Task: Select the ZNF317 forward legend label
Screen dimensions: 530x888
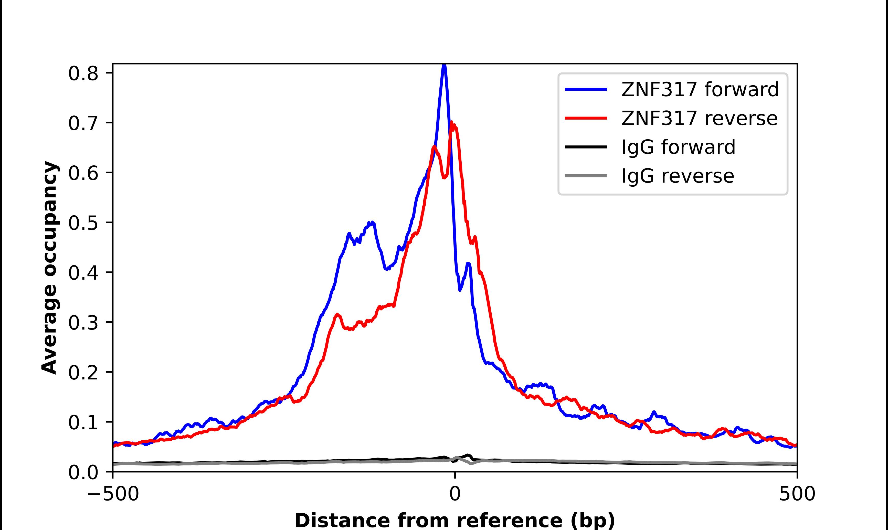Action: tap(700, 89)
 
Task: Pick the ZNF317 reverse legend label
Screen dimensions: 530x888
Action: tap(699, 118)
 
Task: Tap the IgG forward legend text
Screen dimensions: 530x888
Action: tap(678, 147)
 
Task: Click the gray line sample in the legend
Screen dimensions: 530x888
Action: tap(586, 176)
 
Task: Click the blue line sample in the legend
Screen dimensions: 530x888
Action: tap(586, 89)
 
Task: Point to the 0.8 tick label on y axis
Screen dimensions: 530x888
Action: tap(83, 74)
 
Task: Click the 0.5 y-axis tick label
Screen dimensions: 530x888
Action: tap(83, 224)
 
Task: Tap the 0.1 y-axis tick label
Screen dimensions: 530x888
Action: tap(83, 423)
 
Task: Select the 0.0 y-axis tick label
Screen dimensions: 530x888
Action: tap(83, 472)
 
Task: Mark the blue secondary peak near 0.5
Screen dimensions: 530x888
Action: tap(372, 223)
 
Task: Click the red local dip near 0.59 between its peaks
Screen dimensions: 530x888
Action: tap(444, 177)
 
